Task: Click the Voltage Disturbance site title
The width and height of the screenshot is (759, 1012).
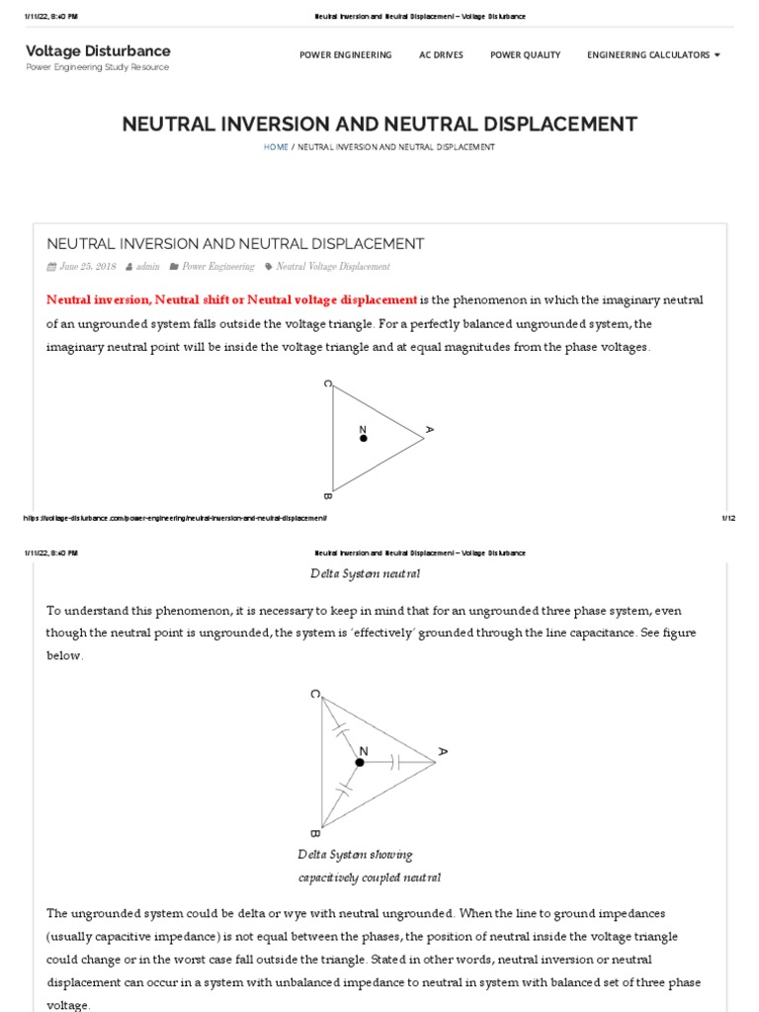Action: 98,50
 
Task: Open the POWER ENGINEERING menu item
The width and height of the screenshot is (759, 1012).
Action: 345,55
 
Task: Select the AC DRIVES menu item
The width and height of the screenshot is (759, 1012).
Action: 441,55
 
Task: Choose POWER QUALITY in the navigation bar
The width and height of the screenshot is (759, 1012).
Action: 525,55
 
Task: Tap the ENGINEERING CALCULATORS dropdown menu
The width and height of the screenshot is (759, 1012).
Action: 653,55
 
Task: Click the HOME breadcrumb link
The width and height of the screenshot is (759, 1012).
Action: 276,146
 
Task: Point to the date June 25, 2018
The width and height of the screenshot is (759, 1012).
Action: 87,267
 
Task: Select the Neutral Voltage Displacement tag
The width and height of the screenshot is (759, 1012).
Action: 333,267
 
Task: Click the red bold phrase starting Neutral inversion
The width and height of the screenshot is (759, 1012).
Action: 232,299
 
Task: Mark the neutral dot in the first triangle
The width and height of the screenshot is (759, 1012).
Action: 364,438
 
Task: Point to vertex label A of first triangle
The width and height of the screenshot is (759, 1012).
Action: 430,430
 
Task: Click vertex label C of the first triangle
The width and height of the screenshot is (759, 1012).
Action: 327,383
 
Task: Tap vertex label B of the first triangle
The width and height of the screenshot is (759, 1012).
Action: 327,495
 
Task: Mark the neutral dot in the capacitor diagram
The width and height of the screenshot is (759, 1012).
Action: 361,762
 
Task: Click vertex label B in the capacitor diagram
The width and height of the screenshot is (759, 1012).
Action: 313,833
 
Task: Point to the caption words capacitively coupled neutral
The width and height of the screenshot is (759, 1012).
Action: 370,878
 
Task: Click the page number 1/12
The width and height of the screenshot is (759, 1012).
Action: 729,518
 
